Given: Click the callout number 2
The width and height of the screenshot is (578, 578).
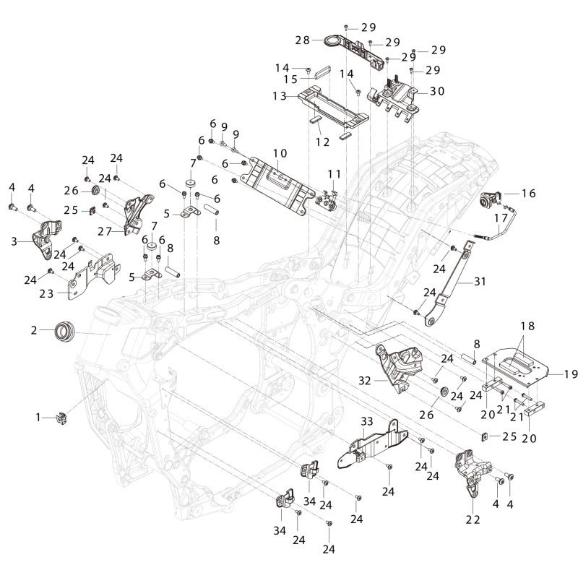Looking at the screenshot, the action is pos(34,330).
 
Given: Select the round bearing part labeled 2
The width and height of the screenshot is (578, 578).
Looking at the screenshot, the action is pos(64,331).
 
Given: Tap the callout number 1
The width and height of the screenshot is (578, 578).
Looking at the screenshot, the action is pos(38,418).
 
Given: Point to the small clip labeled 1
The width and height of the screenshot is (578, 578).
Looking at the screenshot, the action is pos(61,418).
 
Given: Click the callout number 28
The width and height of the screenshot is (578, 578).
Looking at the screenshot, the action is pos(303,40).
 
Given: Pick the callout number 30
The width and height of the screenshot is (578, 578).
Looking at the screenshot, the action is pos(438,91).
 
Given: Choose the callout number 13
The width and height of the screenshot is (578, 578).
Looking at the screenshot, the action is pos(280,96).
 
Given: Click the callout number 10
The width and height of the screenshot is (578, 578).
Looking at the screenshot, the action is pos(280,153).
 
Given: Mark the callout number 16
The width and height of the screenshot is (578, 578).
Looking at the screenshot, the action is pos(529,193).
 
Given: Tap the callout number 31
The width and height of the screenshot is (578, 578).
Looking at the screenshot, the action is pos(480,282).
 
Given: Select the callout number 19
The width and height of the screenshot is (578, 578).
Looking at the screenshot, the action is pos(571,374).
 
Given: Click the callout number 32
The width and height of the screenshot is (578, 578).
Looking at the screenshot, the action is pos(365,381).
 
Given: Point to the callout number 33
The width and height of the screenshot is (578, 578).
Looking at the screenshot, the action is pos(367,421).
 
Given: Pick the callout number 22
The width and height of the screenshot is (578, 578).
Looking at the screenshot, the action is pos(473,519).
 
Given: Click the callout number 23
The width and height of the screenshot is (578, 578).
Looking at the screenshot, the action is pos(46,294).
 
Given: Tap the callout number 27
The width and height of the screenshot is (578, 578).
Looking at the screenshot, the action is pos(105,231).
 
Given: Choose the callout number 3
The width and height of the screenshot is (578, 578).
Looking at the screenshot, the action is pos(14,241).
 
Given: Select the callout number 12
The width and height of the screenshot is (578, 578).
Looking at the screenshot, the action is pos(322,142).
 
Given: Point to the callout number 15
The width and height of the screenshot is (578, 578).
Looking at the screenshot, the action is pos(290,79).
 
